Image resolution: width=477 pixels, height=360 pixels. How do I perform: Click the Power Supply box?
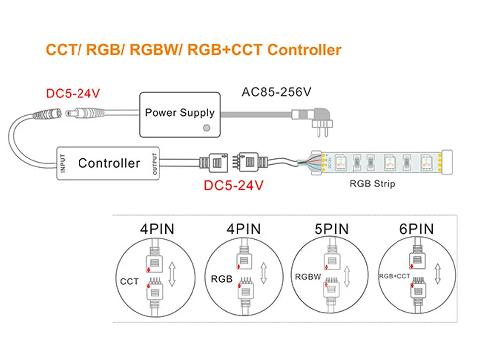coord(179,114)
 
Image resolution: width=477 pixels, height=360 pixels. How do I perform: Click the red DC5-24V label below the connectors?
coord(234,186)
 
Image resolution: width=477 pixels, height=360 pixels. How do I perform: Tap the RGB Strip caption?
coord(372,184)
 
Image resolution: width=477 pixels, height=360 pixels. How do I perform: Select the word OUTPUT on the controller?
coord(155,163)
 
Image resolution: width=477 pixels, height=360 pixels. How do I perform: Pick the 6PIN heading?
coord(416,229)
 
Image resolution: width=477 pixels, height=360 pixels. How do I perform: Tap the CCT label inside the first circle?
coord(129,282)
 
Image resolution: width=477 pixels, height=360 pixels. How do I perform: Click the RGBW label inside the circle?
coord(308,276)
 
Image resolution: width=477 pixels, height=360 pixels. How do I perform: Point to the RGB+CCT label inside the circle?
coord(395,276)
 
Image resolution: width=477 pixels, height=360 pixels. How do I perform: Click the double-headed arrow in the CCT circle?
coord(172,275)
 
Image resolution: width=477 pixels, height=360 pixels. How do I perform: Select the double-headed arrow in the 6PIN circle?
coord(438,274)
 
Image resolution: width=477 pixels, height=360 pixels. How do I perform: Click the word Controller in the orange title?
coord(304,50)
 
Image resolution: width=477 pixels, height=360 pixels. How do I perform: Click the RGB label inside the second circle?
coord(222,279)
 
